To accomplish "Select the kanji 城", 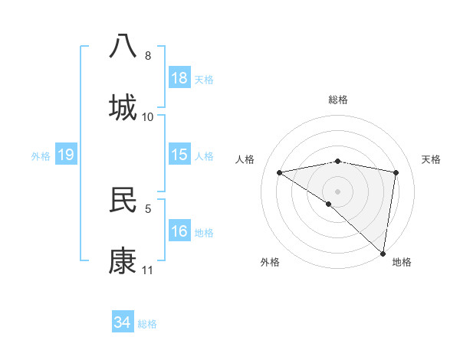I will coord(123,107).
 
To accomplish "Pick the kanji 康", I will coord(123,261).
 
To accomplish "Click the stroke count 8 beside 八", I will coord(148,56).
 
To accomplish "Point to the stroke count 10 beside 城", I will coord(148,117).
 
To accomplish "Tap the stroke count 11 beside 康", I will coord(148,270).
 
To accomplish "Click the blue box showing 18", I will coord(179,78).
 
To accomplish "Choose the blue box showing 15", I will coord(179,155).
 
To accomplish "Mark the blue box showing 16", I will coord(179,231).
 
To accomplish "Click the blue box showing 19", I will coord(66,155).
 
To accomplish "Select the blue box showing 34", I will coord(123,323).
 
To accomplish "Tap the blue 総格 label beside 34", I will coord(148,324).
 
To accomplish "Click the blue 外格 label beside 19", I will coord(41,155).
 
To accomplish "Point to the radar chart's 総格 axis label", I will coord(338,100).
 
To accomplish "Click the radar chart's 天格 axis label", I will coord(432,159).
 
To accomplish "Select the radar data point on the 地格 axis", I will coord(383,253).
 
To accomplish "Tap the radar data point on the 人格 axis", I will coord(280,172).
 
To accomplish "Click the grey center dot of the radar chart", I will coord(338,191).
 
